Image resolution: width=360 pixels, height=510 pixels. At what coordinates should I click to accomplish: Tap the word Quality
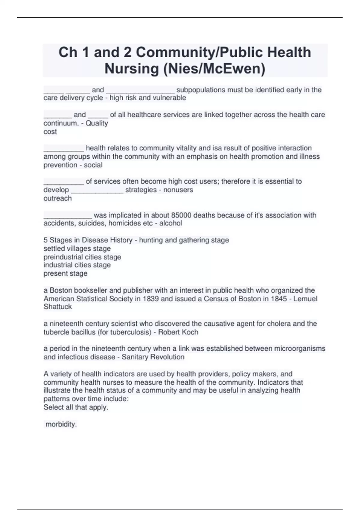coord(97,123)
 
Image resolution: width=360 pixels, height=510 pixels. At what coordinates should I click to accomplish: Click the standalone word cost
coord(50,132)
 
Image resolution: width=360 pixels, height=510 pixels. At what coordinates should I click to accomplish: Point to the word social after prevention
coord(93,165)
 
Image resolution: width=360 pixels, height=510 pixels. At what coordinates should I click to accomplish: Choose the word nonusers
coord(178,190)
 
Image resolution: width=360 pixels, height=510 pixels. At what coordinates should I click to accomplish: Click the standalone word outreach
coord(58,198)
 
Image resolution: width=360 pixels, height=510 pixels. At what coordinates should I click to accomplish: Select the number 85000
coord(182,215)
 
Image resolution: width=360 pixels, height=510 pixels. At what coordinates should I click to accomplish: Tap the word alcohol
coord(171,223)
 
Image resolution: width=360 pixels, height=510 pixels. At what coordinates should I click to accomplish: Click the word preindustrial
coord(62,257)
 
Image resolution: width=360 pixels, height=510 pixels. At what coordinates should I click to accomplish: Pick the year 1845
coord(279,299)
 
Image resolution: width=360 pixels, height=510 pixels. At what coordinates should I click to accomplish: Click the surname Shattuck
coord(58,307)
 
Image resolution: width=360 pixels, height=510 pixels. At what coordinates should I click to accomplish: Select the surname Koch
coord(190,332)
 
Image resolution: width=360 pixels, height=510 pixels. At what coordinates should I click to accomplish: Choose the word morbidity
coord(61,424)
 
